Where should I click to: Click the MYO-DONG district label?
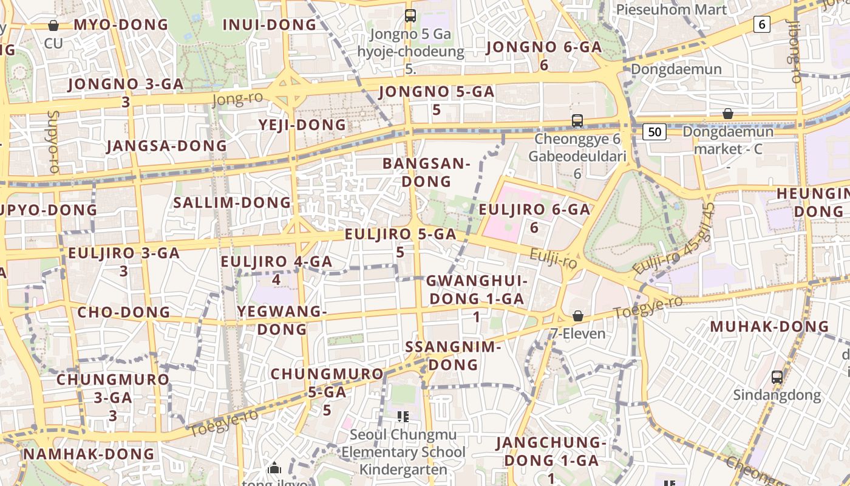point(120,25)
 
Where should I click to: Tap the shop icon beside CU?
point(53,26)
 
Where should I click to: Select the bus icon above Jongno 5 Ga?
point(410,16)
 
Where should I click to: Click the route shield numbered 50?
point(654,132)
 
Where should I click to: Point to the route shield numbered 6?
point(761,24)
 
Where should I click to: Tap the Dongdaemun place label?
point(676,69)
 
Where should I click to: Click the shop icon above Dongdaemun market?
point(727,114)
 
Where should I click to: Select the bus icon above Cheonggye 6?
point(577,121)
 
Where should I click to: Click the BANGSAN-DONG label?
point(426,172)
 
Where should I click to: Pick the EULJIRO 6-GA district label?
point(534,217)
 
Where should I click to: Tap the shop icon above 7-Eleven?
point(578,317)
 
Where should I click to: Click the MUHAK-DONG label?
point(769,326)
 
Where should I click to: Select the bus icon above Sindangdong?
point(777,377)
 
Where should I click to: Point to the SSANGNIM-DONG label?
point(452,355)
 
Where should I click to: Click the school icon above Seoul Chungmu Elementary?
point(403,417)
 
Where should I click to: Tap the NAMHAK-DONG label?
point(89,454)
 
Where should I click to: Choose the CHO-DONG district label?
point(124,312)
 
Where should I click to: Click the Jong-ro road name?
point(237,98)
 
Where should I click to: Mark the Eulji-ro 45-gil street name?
point(674,239)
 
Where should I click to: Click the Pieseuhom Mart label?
point(671,10)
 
